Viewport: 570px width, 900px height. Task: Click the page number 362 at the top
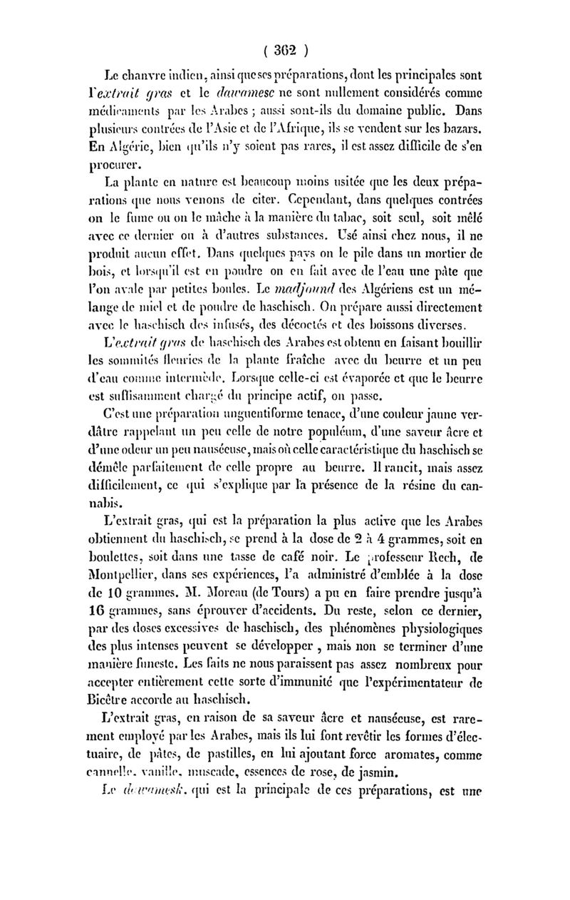coord(284,51)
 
